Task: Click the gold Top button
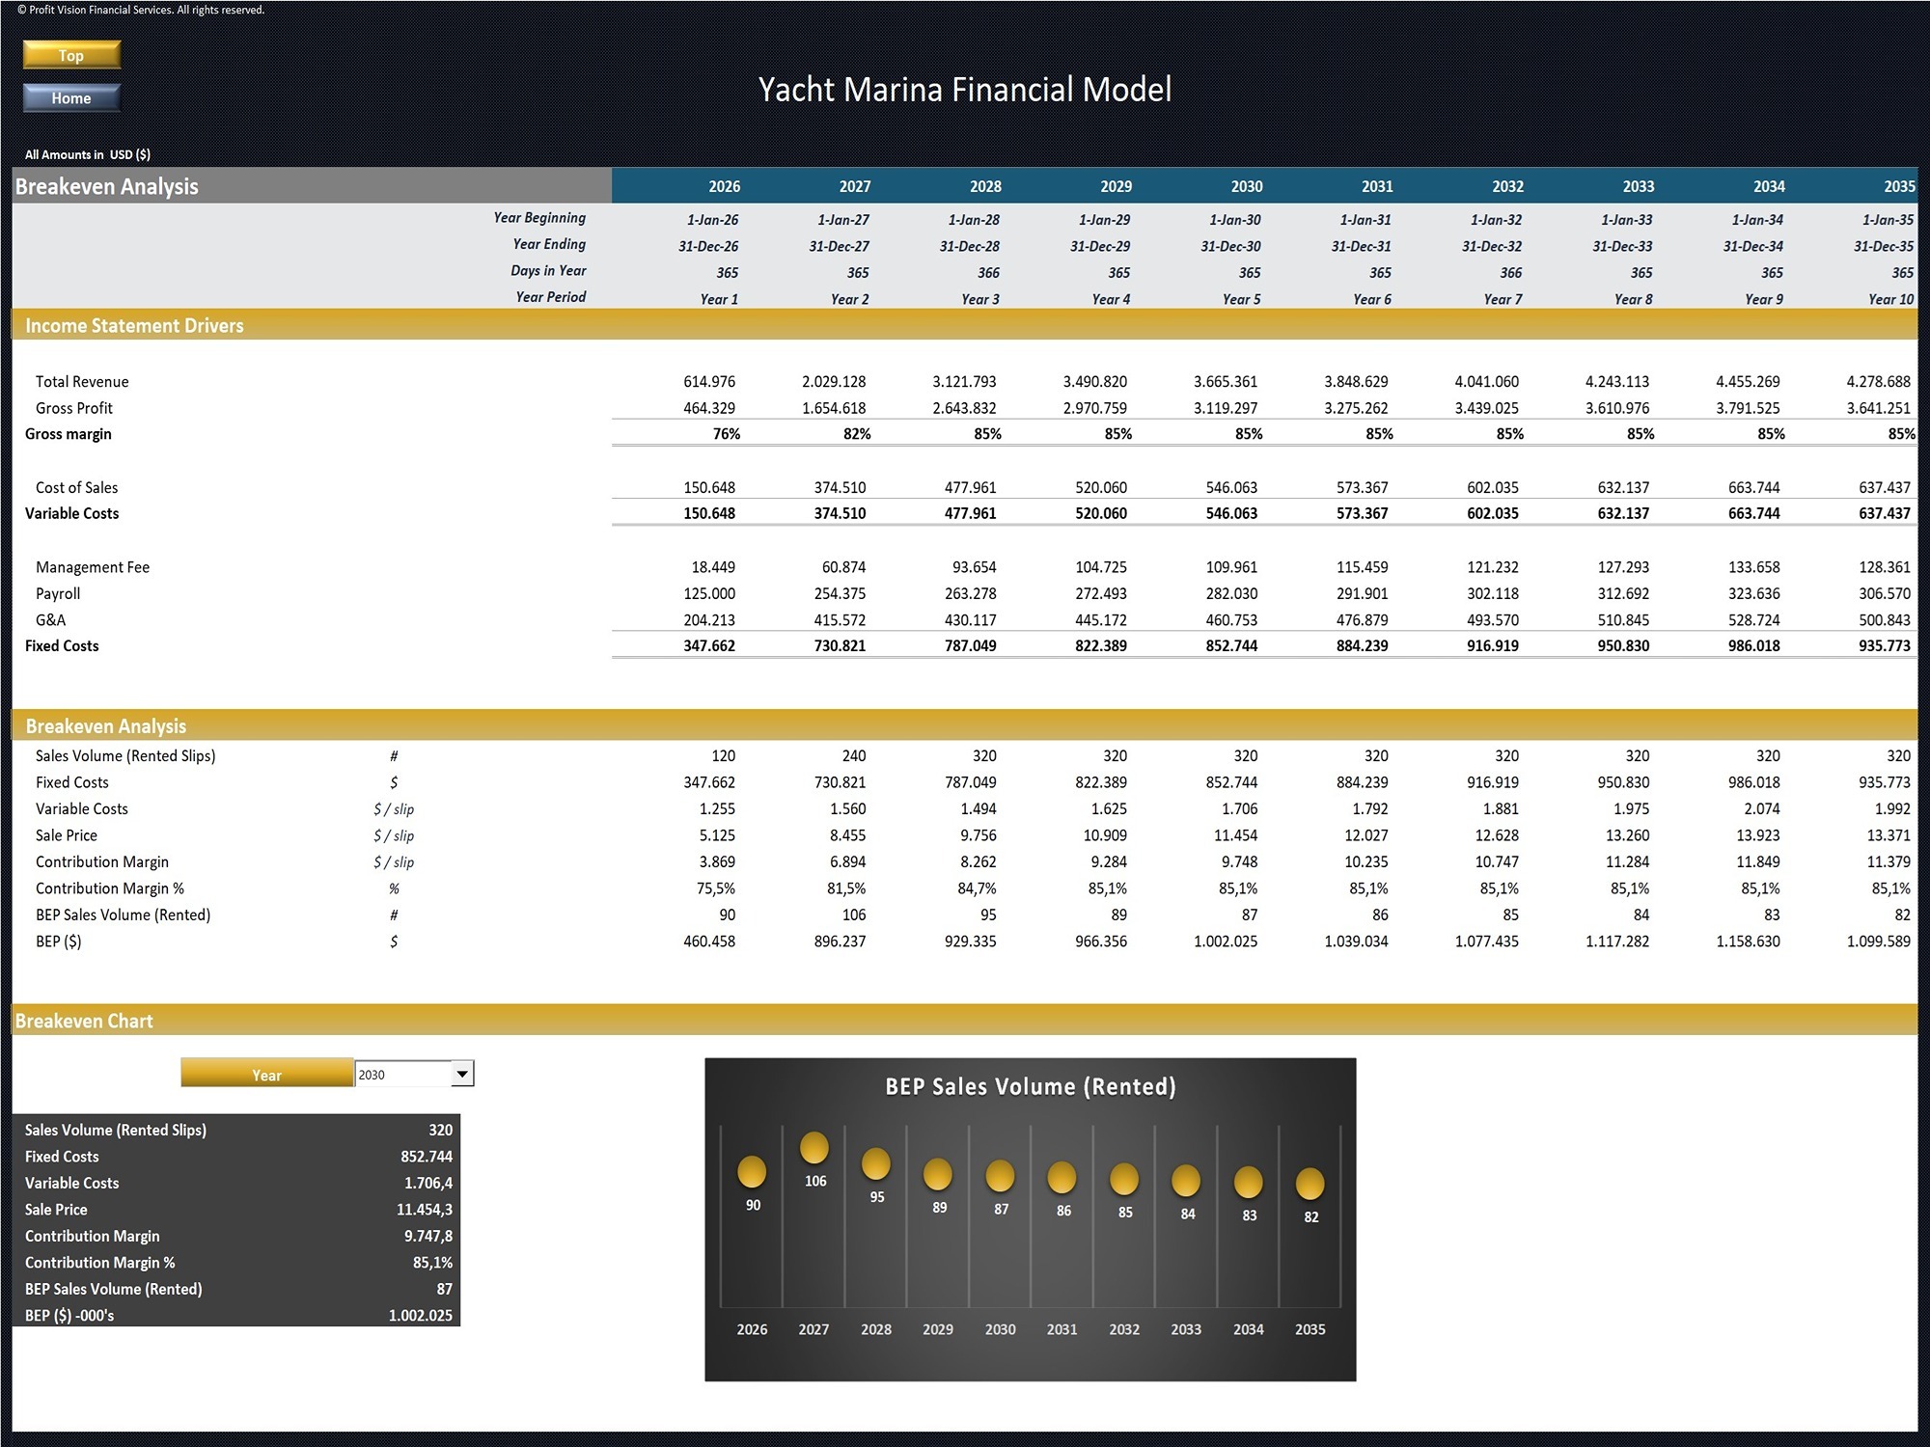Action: coord(71,55)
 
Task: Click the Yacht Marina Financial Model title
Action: coord(964,90)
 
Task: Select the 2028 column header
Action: coord(985,186)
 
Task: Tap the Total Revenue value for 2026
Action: coord(709,382)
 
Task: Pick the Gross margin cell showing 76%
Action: coord(726,434)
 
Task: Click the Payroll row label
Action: coord(58,593)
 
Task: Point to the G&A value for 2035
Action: coord(1884,620)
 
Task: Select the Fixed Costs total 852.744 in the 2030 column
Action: coord(1231,646)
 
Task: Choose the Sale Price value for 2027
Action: coord(840,835)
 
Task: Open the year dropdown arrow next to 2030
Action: coord(462,1074)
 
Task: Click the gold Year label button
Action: coord(267,1075)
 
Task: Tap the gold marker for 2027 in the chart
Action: coord(814,1148)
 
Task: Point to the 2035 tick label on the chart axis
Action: coord(1310,1329)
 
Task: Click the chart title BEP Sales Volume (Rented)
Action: coord(1030,1087)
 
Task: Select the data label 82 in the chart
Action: coord(1310,1217)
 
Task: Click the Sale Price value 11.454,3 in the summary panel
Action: coord(424,1210)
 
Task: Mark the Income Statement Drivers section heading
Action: coord(134,326)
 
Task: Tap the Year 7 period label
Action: coord(1503,299)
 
